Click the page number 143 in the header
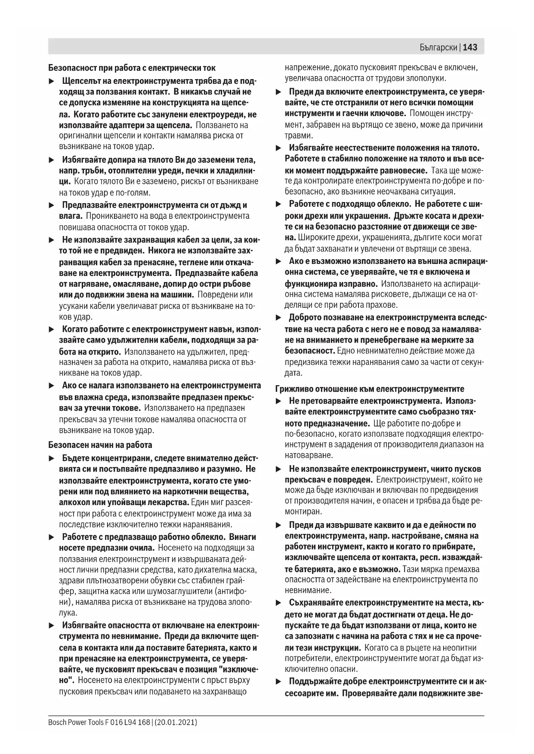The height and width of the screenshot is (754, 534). click(470, 47)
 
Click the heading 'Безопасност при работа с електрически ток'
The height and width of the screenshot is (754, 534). click(132, 68)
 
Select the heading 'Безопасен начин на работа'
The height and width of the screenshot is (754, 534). click(100, 445)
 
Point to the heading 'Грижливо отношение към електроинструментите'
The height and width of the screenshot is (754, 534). click(370, 389)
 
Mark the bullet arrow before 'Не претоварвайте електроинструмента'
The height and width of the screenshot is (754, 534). click(278, 401)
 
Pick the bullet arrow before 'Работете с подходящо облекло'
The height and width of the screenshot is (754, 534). click(278, 204)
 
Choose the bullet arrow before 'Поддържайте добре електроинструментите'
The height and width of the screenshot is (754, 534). click(278, 682)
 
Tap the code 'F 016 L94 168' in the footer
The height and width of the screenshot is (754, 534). click(127, 722)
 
